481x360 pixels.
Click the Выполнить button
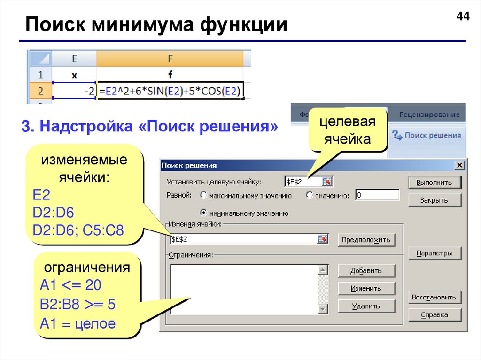pos(434,183)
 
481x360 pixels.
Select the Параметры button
pos(434,253)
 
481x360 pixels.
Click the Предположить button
pos(366,240)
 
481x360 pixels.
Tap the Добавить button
pos(366,271)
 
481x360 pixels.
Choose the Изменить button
pos(366,288)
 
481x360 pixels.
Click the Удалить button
pos(366,306)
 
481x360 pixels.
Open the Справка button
pos(434,315)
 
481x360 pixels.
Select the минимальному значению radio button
pos(204,213)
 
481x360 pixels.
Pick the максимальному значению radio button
pos(204,195)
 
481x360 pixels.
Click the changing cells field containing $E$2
pos(242,239)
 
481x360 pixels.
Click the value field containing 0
pos(377,195)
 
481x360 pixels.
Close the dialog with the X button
pos(458,165)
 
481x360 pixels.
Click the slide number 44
pos(462,17)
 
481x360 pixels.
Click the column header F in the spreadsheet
pos(170,59)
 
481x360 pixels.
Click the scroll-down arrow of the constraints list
pos(322,308)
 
